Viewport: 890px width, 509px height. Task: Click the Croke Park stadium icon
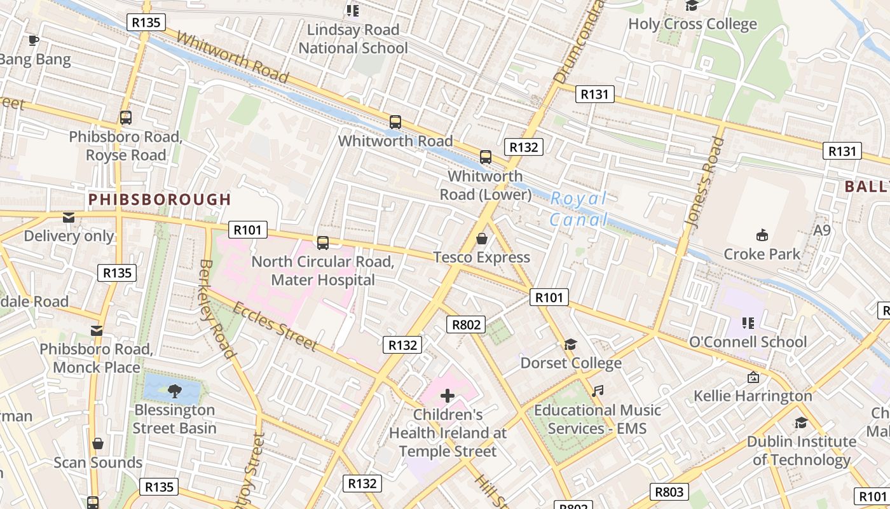(762, 235)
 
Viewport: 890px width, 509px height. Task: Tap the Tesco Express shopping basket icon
(482, 239)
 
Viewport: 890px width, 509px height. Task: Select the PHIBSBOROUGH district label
(160, 199)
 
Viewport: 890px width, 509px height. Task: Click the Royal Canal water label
(578, 209)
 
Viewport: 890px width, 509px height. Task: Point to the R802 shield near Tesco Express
(466, 324)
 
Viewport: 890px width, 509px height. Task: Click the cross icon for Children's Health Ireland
(448, 396)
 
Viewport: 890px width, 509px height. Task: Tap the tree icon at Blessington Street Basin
(174, 391)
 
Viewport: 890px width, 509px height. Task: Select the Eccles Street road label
(274, 326)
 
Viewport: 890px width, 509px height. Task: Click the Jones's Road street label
(705, 181)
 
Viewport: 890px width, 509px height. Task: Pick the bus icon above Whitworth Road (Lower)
(486, 157)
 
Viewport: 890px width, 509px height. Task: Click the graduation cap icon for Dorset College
(570, 344)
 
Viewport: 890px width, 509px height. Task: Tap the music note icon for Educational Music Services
(597, 391)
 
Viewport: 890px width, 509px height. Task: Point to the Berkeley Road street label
(217, 309)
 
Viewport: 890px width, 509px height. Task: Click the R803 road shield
(669, 491)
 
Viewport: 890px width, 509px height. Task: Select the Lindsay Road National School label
(353, 39)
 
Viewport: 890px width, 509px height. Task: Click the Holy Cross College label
(692, 24)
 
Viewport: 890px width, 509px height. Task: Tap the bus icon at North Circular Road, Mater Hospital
(323, 242)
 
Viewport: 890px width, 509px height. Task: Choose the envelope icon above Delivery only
(69, 218)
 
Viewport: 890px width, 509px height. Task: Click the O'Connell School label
(748, 342)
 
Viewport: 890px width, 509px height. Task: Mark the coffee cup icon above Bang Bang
(34, 41)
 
